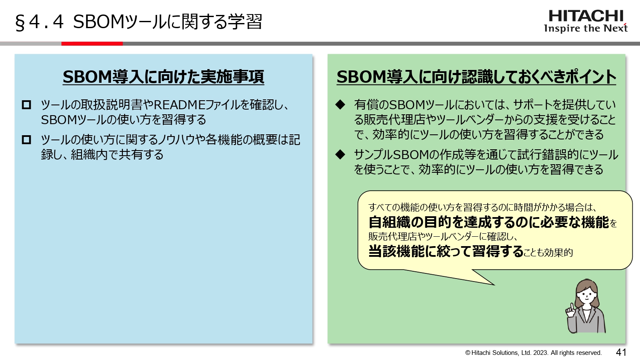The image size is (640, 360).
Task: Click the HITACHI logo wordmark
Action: click(586, 16)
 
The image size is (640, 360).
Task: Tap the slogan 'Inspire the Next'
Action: click(585, 29)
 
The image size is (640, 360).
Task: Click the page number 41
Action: click(621, 352)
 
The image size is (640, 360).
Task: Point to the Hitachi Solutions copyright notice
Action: click(533, 353)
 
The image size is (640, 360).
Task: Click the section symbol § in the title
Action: click(20, 23)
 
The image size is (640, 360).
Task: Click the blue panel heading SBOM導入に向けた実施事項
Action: click(163, 77)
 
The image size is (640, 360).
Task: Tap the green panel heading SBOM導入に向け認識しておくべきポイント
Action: click(476, 77)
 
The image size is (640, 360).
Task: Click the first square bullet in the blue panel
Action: click(26, 105)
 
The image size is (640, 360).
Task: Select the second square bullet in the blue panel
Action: click(26, 139)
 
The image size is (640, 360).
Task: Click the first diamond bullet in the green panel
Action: click(340, 105)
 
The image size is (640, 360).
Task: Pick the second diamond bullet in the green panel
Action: click(340, 154)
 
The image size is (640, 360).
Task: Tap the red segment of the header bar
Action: click(92, 44)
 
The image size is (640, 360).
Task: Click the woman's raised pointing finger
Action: click(569, 307)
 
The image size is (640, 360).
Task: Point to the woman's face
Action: click(587, 294)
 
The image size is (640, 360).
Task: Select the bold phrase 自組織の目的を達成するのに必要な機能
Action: click(489, 222)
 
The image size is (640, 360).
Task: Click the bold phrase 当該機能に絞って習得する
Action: click(446, 251)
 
